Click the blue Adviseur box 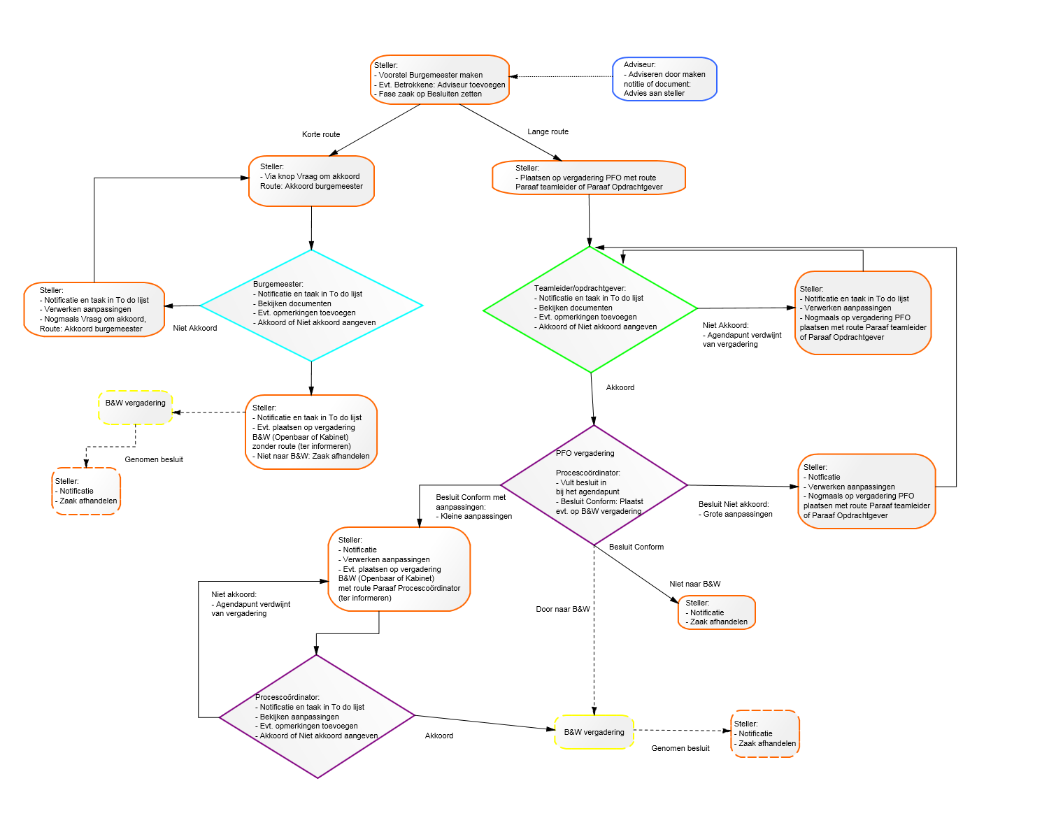(664, 79)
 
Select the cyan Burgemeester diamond (311, 306)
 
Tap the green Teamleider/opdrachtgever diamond (590, 310)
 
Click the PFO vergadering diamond (594, 485)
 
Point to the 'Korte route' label (321, 134)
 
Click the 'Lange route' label (548, 131)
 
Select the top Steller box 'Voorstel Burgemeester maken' (440, 80)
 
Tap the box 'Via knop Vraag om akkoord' (311, 181)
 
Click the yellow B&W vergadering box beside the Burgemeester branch (136, 407)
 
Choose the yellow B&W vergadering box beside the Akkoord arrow (594, 732)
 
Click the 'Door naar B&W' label (563, 609)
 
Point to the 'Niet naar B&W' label (694, 584)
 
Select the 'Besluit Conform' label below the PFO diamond (636, 547)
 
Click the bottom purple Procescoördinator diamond (317, 716)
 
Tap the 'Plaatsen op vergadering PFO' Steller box (589, 178)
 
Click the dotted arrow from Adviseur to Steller (561, 76)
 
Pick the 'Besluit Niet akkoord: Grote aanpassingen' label (735, 509)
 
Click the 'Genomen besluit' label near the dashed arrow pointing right (680, 748)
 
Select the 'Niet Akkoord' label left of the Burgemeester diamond (195, 328)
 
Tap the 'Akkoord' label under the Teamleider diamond (620, 387)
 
